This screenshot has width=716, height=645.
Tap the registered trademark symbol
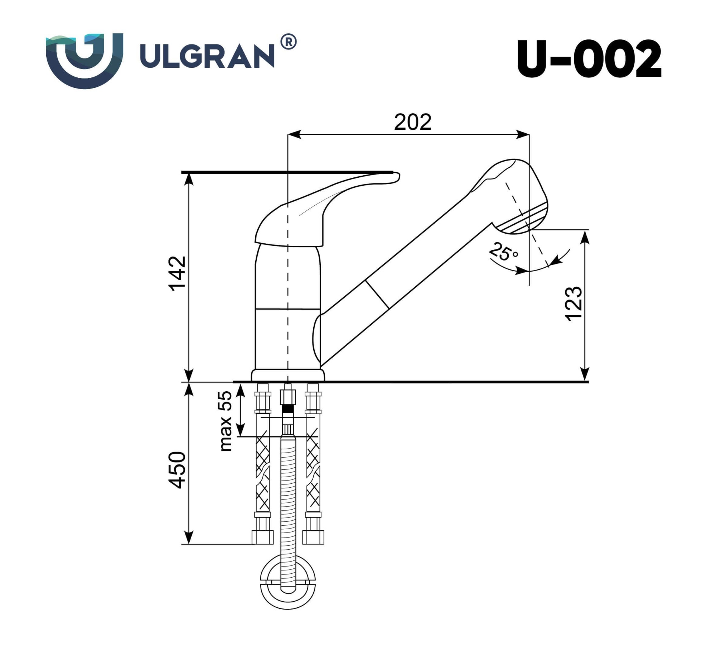(x=289, y=42)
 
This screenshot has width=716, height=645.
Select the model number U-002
(x=589, y=59)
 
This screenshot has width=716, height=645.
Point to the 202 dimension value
(x=412, y=122)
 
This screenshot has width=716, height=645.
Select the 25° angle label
(x=503, y=252)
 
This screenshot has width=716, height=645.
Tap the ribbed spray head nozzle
(x=526, y=219)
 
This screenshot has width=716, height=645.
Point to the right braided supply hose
(x=313, y=473)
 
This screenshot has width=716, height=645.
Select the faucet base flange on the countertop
(x=288, y=376)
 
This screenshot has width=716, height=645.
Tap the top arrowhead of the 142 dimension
(x=189, y=179)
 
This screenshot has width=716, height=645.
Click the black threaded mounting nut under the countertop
(x=288, y=408)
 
